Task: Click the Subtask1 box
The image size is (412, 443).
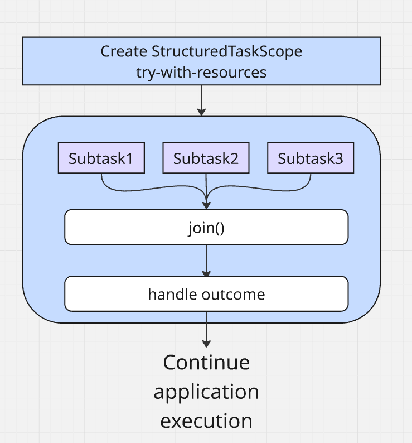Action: coord(101,158)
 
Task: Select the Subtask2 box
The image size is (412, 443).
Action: coord(206,158)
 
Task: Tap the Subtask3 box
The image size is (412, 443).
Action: coord(311,158)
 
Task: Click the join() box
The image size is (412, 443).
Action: coord(206,228)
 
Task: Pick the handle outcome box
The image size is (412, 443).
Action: coord(206,293)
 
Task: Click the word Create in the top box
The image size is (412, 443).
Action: coord(124,52)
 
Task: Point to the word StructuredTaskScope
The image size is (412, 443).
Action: coord(227,52)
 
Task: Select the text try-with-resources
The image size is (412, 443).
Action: coord(201,73)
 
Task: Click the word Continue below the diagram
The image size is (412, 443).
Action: coord(206,363)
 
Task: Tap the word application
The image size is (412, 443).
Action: coord(206,392)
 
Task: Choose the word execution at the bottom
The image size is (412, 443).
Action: coord(206,421)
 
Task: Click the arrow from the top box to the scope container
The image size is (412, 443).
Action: coord(201,100)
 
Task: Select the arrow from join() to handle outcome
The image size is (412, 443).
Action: coord(206,260)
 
